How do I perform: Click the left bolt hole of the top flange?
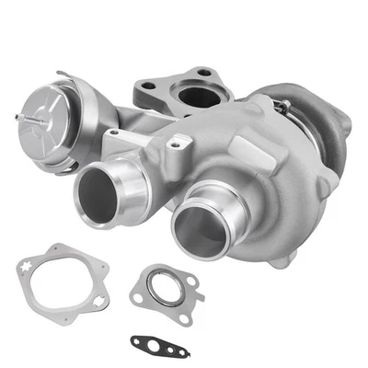click(x=147, y=89)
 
